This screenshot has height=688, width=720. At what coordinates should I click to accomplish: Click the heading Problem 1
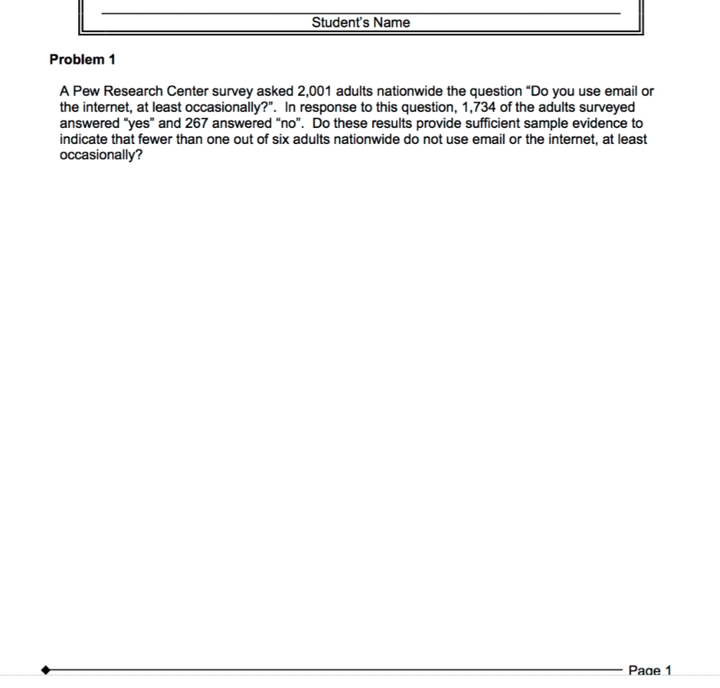[x=82, y=59]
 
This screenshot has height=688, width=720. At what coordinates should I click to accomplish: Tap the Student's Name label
[x=361, y=23]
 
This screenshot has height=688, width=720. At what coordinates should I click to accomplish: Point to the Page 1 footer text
[x=650, y=670]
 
